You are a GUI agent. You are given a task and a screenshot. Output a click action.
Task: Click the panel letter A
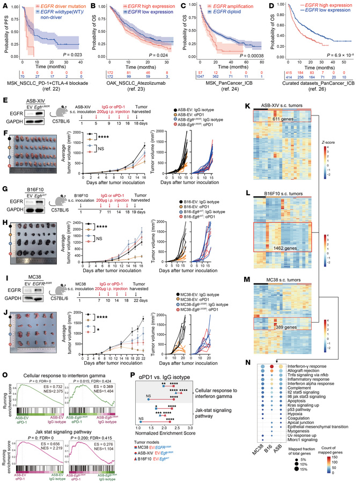[x=4, y=4]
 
